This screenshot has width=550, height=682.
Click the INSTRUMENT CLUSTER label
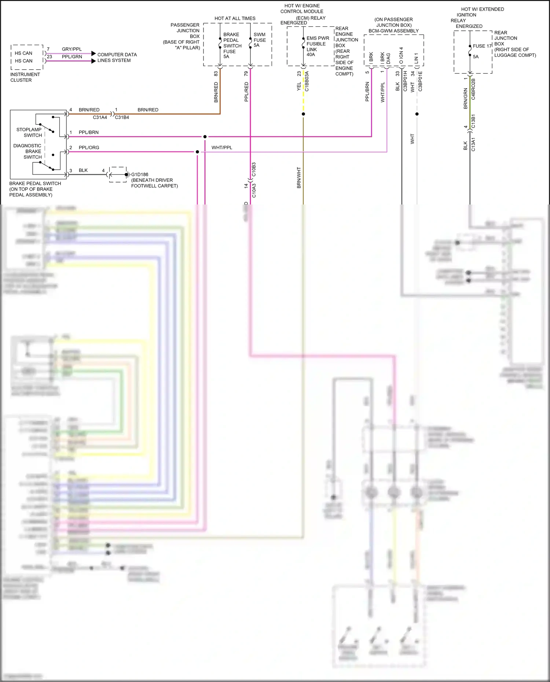[x=25, y=77]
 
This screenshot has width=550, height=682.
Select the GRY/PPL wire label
[x=71, y=49]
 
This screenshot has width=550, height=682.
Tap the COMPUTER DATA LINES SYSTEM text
[x=117, y=58]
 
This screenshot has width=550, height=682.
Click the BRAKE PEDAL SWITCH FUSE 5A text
[x=232, y=45]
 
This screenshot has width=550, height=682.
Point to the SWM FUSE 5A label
[x=260, y=40]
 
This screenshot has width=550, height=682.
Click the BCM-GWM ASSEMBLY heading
[x=393, y=31]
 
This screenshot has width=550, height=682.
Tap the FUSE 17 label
[x=482, y=46]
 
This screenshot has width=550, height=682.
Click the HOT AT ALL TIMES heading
[x=235, y=18]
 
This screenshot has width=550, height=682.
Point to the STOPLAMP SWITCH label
[x=29, y=132]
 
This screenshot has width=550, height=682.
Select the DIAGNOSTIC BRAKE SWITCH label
[x=27, y=151]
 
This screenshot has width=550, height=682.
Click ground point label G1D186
[x=140, y=174]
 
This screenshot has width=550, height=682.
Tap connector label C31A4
[x=100, y=117]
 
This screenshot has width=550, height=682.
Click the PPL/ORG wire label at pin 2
[x=89, y=148]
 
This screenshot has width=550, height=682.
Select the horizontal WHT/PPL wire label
[x=221, y=148]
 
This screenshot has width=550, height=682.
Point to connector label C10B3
[x=254, y=170]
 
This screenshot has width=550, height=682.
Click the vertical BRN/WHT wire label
[x=299, y=178]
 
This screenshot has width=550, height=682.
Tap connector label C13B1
[x=473, y=121]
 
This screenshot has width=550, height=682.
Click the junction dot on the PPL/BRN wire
[x=205, y=137]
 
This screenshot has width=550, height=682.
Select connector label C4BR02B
[x=473, y=89]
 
